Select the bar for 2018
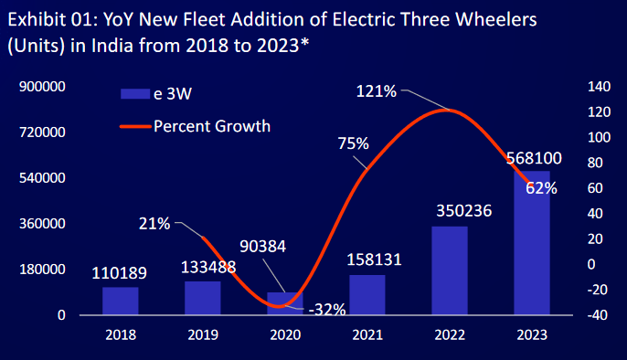(x=120, y=301)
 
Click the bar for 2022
(x=449, y=270)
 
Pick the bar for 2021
(x=367, y=294)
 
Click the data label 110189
(x=120, y=272)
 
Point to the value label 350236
(x=450, y=211)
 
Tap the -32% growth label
(x=326, y=309)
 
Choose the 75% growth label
(x=353, y=143)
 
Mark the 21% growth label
(x=154, y=223)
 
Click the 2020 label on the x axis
(x=284, y=336)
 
